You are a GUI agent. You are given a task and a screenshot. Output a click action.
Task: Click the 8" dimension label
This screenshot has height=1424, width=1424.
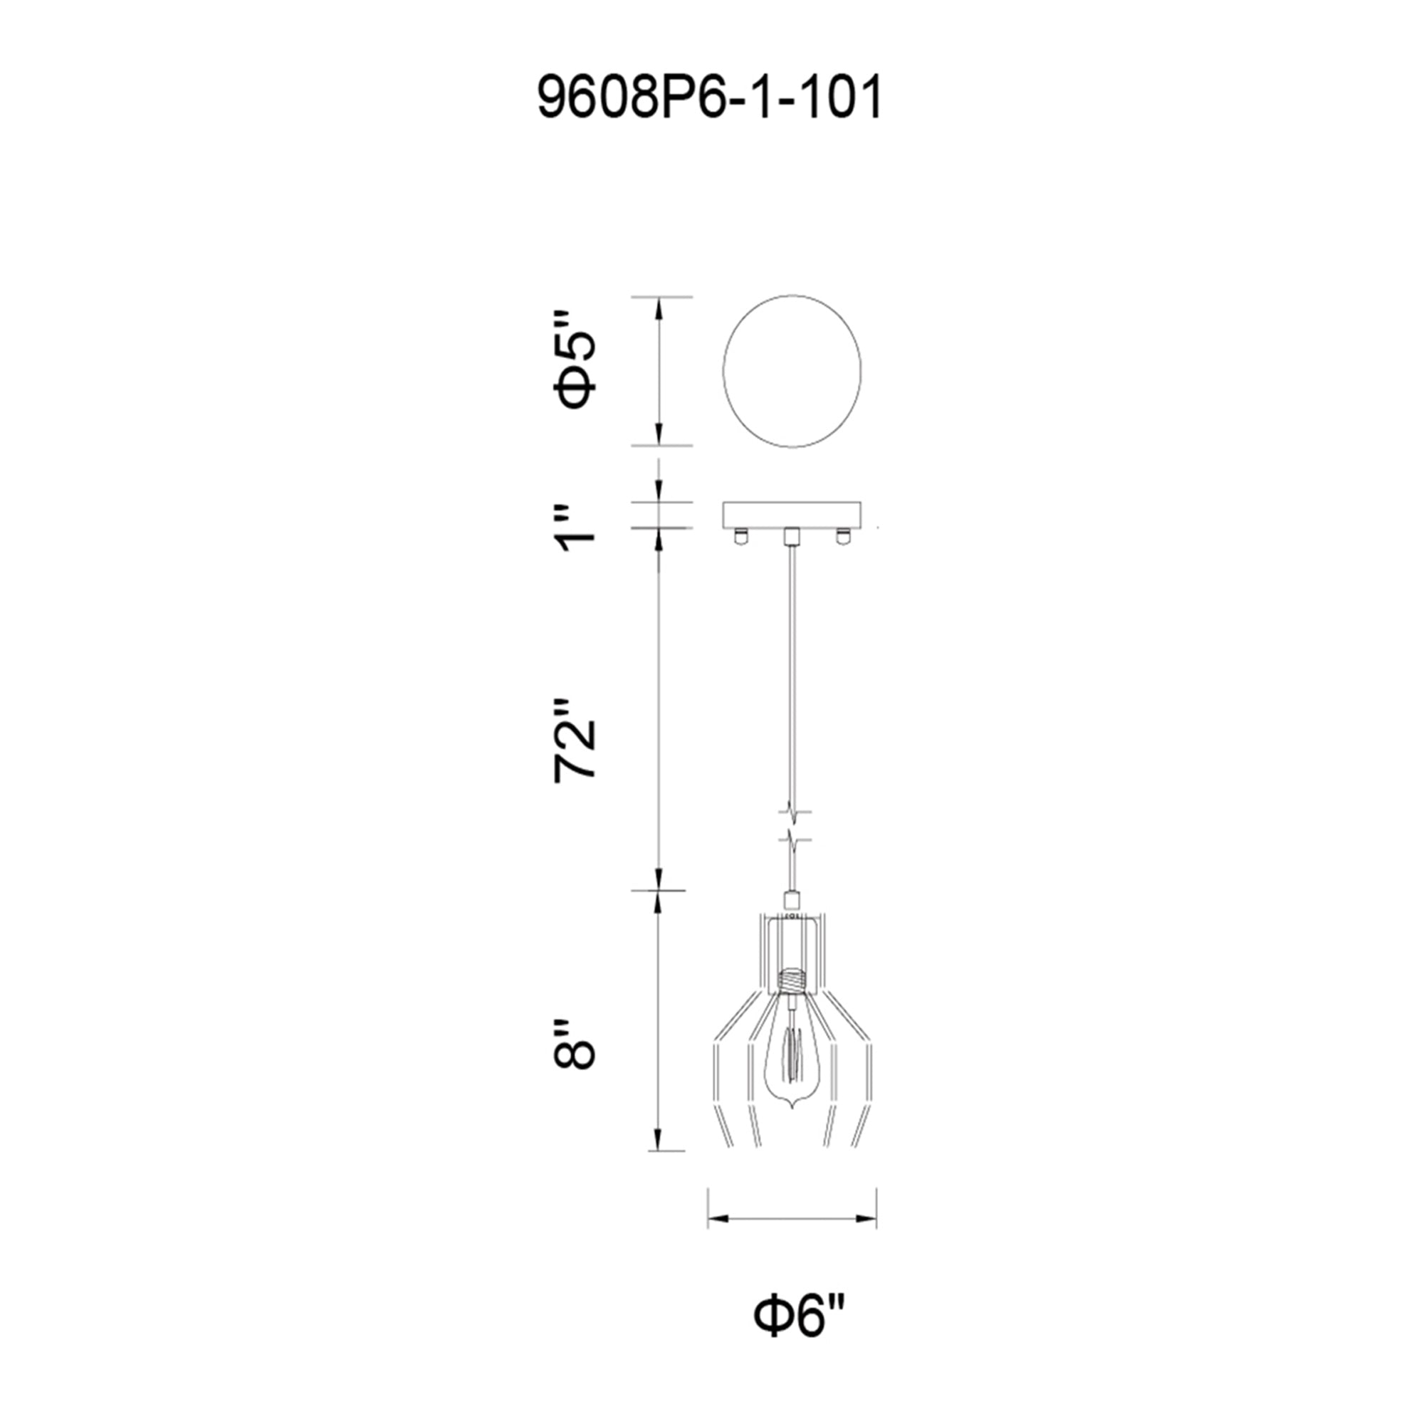(574, 1045)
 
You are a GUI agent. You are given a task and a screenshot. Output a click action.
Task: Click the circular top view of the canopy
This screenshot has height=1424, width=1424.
(792, 371)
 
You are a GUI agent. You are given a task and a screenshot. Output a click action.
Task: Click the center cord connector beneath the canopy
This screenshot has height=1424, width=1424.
(792, 535)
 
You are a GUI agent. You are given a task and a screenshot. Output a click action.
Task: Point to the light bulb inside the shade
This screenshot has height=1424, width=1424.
(791, 1062)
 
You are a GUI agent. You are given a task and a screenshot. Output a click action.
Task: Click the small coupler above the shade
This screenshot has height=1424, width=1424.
(792, 899)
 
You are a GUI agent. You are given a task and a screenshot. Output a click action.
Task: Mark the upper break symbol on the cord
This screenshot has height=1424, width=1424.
(792, 812)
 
